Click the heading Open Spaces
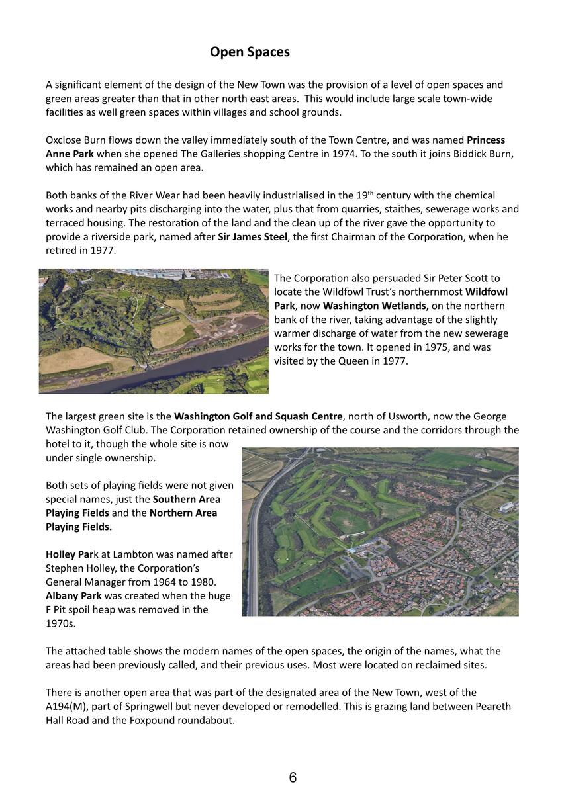(x=250, y=52)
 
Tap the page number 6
(x=293, y=777)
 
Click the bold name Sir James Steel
(x=252, y=236)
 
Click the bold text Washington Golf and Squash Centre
(x=258, y=416)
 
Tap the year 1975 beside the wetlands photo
(x=395, y=347)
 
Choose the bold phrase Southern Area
(x=187, y=499)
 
